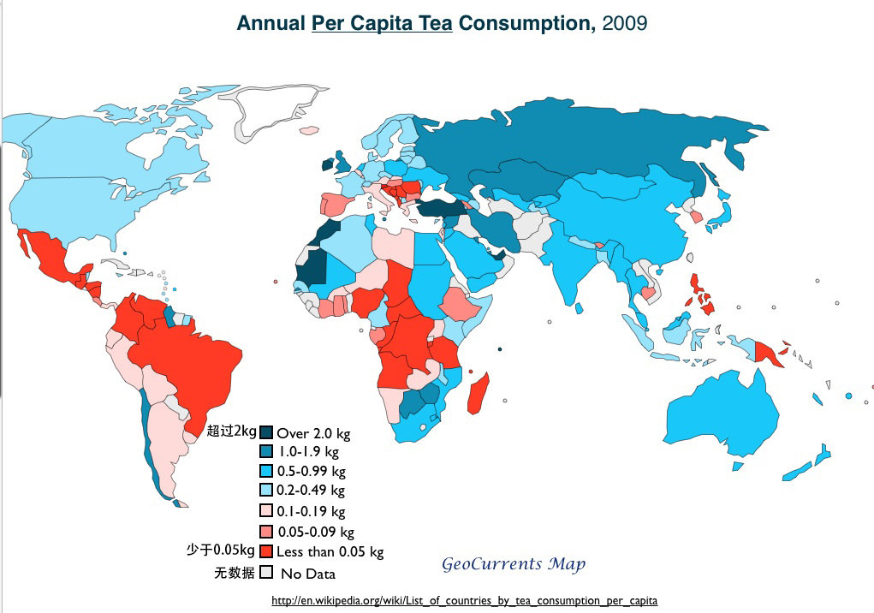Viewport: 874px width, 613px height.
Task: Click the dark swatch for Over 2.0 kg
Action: click(266, 432)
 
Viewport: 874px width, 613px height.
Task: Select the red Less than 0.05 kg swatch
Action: click(266, 551)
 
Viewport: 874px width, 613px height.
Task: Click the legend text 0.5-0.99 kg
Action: click(312, 471)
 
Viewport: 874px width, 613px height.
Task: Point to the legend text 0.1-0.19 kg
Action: click(312, 511)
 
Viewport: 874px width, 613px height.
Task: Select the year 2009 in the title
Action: click(625, 23)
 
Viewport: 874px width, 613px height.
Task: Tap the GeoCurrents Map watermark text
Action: click(514, 564)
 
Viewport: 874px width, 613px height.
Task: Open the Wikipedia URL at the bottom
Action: click(464, 601)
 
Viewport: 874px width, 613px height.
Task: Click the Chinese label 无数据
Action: click(234, 572)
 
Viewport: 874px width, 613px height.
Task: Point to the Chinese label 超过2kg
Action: click(231, 430)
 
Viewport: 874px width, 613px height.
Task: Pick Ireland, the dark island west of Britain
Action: click(327, 165)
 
